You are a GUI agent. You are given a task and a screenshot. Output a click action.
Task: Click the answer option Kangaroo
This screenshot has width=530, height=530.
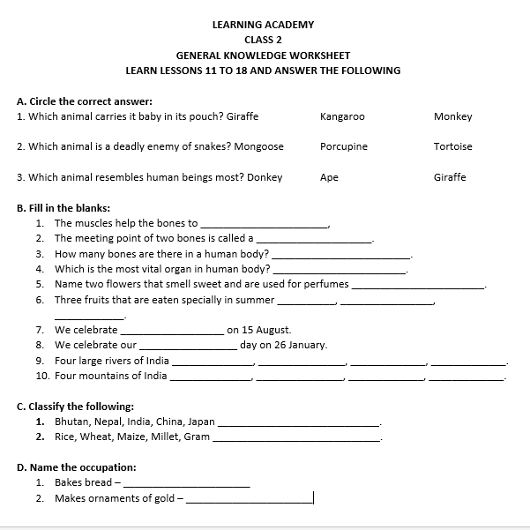click(x=342, y=116)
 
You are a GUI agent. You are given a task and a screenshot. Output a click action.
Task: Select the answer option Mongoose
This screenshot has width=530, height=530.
click(x=256, y=146)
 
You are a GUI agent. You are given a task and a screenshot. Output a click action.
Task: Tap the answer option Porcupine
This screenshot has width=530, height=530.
click(x=344, y=146)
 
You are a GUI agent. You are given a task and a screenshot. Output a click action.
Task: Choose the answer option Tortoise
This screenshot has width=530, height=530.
click(x=453, y=146)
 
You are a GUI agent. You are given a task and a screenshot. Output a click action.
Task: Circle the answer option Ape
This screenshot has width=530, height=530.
click(x=329, y=177)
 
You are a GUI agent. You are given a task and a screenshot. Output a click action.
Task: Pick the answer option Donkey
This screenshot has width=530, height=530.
click(x=265, y=177)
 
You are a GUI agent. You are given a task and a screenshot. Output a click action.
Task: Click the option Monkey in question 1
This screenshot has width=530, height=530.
click(x=453, y=116)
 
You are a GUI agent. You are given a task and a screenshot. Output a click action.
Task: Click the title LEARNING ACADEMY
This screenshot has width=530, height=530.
click(x=264, y=25)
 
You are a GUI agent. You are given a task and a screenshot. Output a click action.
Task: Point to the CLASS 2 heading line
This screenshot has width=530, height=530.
click(x=264, y=40)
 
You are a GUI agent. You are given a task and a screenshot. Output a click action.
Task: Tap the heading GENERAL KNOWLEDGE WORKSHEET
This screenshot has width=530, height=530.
click(x=264, y=55)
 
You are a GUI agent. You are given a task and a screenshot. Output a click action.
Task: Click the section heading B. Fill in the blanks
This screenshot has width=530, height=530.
click(x=63, y=208)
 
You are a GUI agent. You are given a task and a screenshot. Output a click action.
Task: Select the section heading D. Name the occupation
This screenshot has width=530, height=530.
click(x=77, y=467)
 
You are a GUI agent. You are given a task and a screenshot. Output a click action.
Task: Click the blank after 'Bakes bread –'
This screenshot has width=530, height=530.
click(x=187, y=483)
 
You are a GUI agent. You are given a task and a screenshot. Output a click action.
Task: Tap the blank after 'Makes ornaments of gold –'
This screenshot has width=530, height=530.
click(x=250, y=499)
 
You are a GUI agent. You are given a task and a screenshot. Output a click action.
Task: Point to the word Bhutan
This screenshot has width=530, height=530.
click(x=71, y=422)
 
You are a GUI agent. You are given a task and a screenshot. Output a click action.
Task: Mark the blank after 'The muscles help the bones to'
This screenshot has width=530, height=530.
click(x=265, y=224)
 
